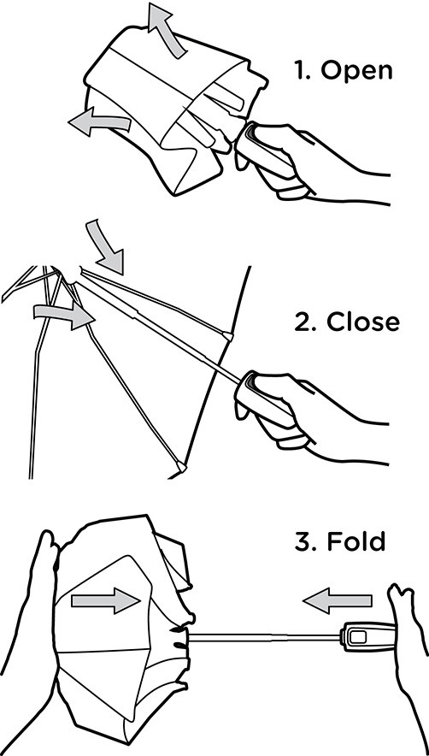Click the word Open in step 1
pos(356,71)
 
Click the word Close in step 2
pos(363,322)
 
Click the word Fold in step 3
pos(356,541)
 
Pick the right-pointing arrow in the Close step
pos(65,316)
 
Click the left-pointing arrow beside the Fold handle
pos(338,600)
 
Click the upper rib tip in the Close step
pos(227,335)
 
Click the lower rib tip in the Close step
pos(182,466)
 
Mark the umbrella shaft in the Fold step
pos(264,637)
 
